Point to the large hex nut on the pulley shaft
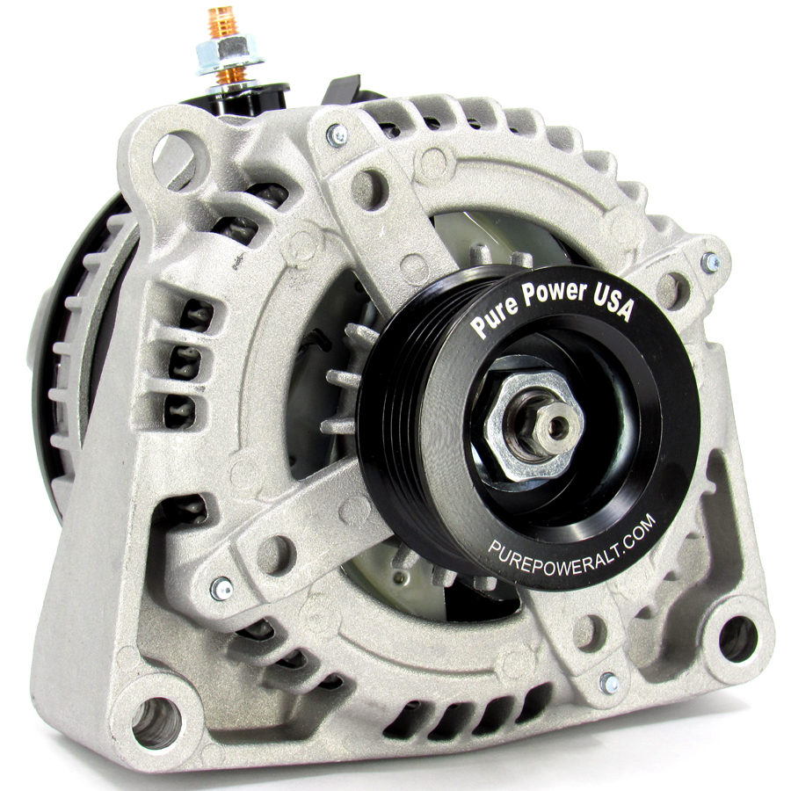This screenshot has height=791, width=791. [533, 425]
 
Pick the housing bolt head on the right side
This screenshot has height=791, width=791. [710, 261]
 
